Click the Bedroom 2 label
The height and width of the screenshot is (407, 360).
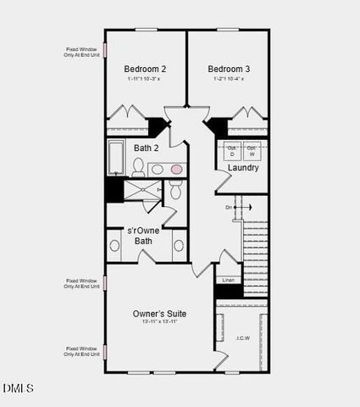pos(145,69)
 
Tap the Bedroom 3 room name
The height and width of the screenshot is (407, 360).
pos(228,69)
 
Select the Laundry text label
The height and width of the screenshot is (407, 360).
pos(243,168)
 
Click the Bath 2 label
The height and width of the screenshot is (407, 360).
pos(146,148)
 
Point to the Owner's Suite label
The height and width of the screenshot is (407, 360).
pos(159,313)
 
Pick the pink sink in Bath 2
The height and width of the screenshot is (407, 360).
pos(177,170)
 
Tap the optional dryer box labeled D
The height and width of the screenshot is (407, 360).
pos(232,152)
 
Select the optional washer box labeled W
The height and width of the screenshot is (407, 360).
pos(252,152)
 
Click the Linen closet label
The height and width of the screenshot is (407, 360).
pos(228,280)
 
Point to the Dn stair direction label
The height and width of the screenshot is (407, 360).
pos(229,207)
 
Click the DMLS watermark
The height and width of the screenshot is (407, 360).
pos(18,388)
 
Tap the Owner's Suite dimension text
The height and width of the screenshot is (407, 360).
pos(159,322)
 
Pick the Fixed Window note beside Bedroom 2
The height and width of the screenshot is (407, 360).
pos(82,53)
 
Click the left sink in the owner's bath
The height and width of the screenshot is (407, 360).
pos(115,246)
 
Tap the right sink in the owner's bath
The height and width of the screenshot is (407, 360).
pos(179,246)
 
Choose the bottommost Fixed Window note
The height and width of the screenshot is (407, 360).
pos(82,351)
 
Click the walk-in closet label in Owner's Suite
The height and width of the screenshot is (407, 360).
pos(242,337)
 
